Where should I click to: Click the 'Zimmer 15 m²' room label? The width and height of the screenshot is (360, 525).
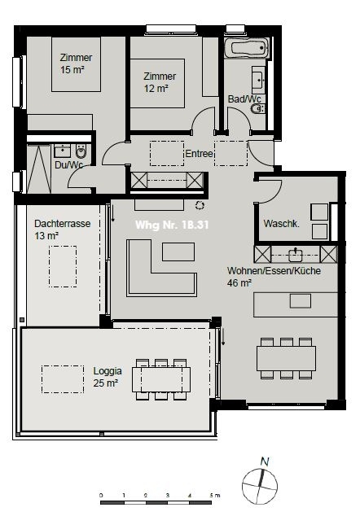pos(75,63)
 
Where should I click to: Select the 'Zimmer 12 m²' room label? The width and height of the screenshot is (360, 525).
pos(160,82)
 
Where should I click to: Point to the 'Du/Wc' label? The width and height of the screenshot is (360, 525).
pos(68,164)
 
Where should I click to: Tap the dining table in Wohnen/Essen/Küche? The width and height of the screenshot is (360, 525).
pos(286,357)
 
